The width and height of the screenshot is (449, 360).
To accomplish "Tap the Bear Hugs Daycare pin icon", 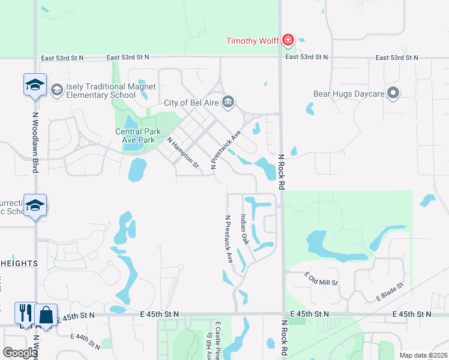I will pos(393,93).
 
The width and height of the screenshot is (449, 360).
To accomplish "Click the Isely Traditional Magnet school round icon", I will pos(57,90).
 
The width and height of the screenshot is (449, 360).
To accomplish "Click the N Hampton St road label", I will pos(182,153).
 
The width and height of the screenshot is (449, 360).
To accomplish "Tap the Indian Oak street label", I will pos(244,229).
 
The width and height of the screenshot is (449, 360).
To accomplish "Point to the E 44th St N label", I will pos(85,341).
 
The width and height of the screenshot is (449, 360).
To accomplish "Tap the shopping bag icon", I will pos(46,314).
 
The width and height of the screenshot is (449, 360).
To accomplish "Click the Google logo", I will pos(19,353).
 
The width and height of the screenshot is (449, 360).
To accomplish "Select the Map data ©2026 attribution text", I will pos(423,355).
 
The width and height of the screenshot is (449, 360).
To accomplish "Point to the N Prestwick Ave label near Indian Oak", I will pos(229,239).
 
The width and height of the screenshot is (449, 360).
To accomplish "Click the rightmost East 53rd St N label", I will pos(397,58).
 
